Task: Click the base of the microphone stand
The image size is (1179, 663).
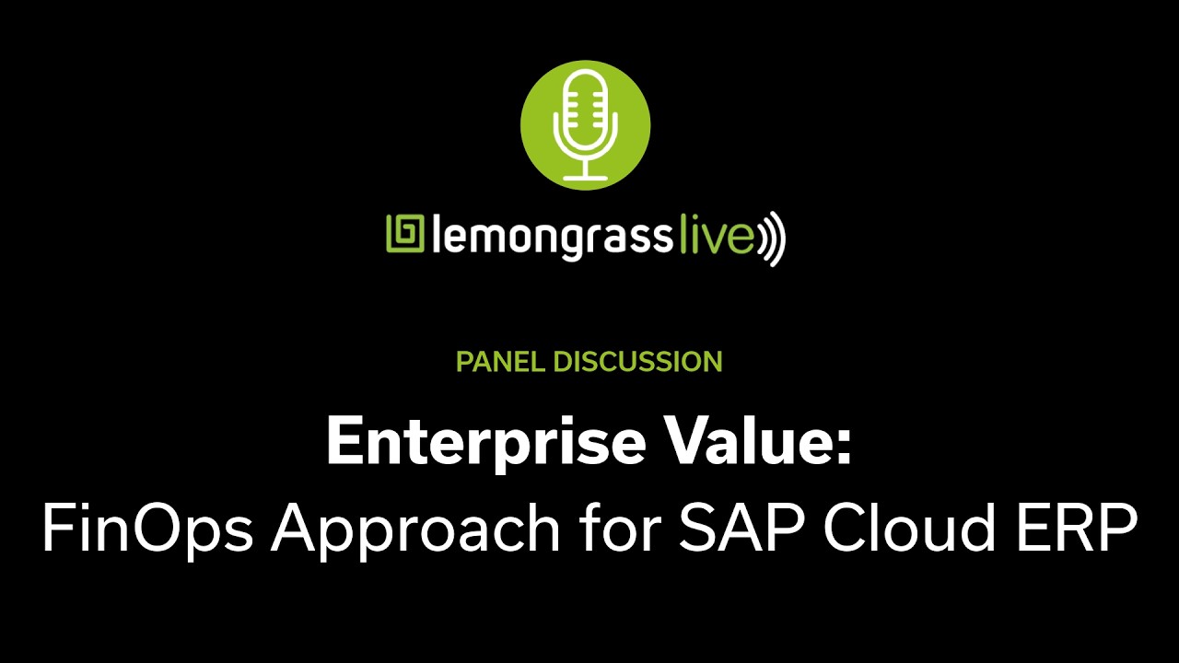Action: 586,177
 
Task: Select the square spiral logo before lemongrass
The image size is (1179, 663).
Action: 403,235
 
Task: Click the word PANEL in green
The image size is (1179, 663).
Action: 501,362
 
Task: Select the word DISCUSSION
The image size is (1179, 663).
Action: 637,362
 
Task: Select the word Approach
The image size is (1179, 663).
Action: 415,532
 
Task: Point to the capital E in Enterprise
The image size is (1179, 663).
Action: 342,442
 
